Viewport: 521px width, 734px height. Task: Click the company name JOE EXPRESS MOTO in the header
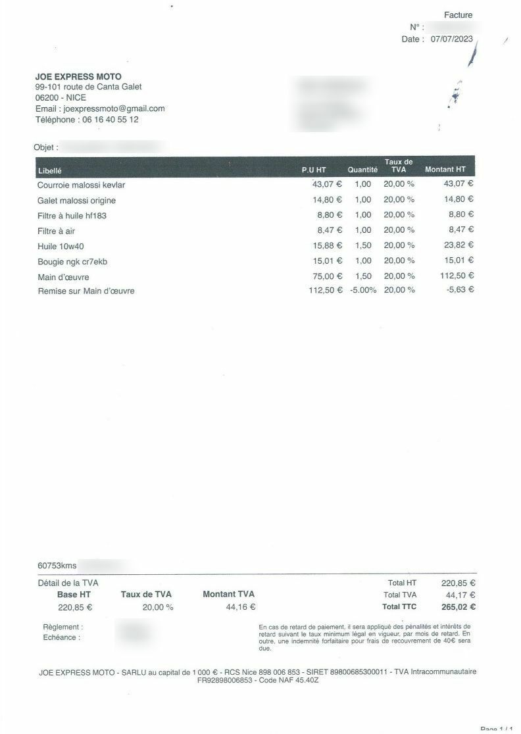(x=78, y=77)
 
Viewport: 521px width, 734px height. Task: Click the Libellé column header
(x=50, y=170)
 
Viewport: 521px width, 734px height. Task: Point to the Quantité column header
(x=362, y=170)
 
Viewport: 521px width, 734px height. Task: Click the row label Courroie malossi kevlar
(x=81, y=185)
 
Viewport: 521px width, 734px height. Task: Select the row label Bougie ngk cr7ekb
(x=72, y=261)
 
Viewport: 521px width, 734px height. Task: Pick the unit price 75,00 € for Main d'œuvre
(x=327, y=276)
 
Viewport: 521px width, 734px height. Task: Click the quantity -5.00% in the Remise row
(x=362, y=290)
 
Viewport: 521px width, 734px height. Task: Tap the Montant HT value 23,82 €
(x=459, y=245)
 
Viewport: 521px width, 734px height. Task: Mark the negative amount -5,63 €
(x=460, y=289)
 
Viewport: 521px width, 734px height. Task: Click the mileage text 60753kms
(x=57, y=566)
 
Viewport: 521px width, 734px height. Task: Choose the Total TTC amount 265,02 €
(x=459, y=606)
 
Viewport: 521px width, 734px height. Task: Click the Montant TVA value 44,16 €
(x=241, y=607)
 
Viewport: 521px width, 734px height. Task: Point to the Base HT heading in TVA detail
(x=74, y=594)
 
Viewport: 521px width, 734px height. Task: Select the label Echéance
(x=61, y=637)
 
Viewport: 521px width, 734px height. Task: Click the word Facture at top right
(x=458, y=15)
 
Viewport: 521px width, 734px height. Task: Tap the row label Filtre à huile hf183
(x=72, y=215)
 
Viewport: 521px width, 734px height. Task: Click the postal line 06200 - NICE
(x=61, y=97)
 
